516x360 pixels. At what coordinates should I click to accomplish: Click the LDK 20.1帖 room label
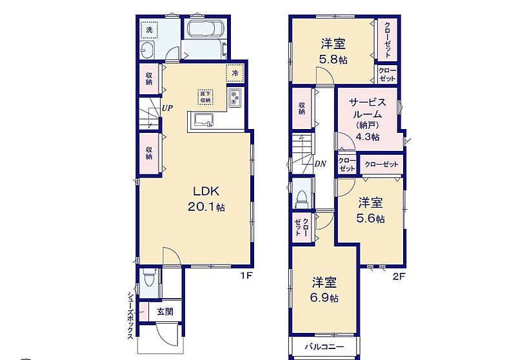[x=206, y=199]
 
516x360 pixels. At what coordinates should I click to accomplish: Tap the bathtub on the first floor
[x=205, y=29]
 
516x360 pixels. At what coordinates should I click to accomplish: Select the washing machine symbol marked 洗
[x=149, y=30]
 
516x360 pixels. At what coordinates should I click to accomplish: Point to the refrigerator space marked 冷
[x=235, y=73]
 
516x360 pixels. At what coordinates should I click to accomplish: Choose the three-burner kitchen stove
[x=235, y=97]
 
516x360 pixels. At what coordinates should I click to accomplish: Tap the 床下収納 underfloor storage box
[x=206, y=97]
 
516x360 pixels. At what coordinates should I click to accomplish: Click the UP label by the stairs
[x=167, y=108]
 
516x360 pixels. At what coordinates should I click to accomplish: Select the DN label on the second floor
[x=320, y=163]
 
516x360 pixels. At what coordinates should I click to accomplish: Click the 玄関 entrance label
[x=165, y=312]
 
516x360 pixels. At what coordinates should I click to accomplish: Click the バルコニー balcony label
[x=324, y=347]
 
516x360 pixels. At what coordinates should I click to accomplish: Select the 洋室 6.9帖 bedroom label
[x=324, y=290]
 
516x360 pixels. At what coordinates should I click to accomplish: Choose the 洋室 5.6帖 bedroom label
[x=370, y=210]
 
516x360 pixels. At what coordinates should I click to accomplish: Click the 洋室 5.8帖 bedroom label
[x=333, y=52]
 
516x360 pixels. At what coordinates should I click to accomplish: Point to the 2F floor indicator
[x=399, y=276]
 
